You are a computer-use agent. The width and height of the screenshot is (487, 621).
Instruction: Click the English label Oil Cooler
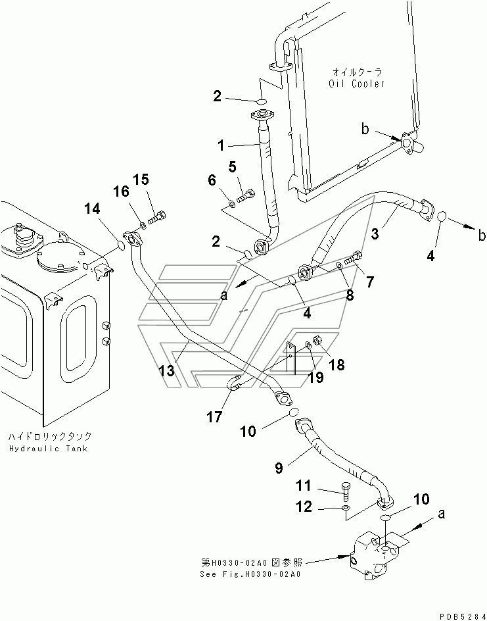click(356, 84)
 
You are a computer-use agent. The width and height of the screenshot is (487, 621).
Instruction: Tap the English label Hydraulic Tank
click(48, 449)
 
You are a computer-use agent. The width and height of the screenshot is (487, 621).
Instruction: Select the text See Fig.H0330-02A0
click(250, 574)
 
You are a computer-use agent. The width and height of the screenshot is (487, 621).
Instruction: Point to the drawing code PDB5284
click(462, 616)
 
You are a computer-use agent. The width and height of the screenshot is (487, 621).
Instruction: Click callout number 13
click(166, 371)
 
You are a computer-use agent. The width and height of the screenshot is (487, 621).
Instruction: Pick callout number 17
click(215, 416)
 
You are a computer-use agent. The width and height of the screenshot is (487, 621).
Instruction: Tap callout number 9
click(279, 468)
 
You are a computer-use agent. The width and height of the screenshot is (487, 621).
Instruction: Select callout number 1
click(221, 146)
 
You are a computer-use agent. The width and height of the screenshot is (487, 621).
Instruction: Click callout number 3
click(375, 234)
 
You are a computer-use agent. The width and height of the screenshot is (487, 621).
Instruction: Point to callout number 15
click(141, 180)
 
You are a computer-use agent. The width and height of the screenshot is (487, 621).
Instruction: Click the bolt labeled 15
click(157, 218)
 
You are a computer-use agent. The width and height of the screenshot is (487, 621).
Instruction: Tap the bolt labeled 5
click(246, 195)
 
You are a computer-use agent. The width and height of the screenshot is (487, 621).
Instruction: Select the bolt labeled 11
click(346, 492)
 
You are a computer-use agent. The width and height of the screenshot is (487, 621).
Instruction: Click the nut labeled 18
click(317, 340)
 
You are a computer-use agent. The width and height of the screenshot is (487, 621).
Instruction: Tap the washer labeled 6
click(232, 205)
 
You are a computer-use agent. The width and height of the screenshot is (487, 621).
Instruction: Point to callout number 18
click(336, 364)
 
